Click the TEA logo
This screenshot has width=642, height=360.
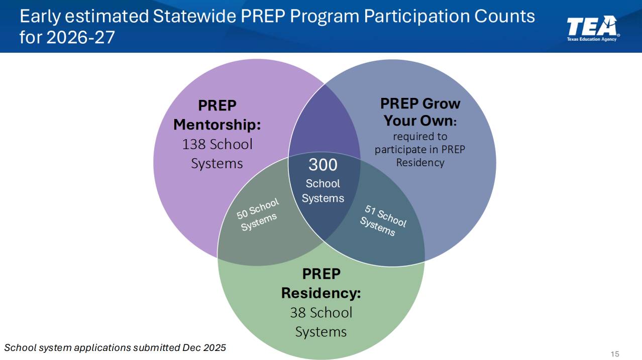[x=593, y=28]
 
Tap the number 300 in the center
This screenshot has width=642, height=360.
[x=323, y=165]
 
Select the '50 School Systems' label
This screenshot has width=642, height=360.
[x=258, y=214]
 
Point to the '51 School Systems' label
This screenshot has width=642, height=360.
[x=383, y=220]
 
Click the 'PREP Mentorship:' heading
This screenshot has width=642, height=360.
[x=217, y=115]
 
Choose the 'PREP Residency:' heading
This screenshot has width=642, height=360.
[x=321, y=284]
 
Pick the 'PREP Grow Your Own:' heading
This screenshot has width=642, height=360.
[x=420, y=112]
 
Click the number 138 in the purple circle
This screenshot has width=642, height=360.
[x=194, y=144]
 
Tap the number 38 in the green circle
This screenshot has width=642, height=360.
[x=298, y=312]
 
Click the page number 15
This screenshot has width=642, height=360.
[x=615, y=354]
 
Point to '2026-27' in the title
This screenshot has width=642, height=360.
[x=80, y=37]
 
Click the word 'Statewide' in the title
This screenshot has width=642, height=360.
[x=194, y=16]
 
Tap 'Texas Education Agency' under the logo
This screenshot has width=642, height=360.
[x=592, y=39]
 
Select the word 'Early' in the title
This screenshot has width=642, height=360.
[x=40, y=17]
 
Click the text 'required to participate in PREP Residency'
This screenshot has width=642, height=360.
[x=420, y=150]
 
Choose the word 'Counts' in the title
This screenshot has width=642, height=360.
[x=504, y=16]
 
